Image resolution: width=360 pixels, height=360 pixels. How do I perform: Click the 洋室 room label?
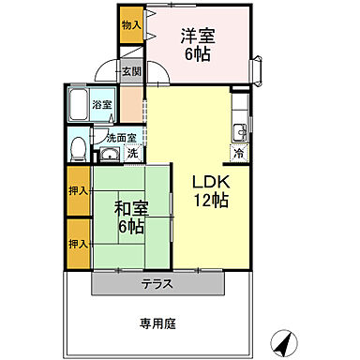(197, 37)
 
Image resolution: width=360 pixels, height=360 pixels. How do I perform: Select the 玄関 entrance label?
(131, 71)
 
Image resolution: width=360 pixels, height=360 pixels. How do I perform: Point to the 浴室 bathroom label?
(102, 105)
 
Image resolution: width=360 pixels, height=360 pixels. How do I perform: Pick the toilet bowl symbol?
(80, 150)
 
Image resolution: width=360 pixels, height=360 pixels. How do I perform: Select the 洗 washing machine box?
(132, 152)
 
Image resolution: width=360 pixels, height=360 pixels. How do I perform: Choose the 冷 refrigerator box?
(239, 153)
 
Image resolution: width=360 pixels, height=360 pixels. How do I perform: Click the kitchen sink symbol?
(240, 130)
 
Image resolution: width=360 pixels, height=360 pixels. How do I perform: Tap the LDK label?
(207, 182)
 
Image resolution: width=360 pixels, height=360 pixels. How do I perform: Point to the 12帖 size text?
(207, 200)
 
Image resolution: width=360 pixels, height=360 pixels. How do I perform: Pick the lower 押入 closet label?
(78, 243)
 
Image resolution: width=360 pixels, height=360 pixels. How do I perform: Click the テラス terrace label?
(158, 284)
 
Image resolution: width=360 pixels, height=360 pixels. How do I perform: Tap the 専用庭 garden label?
(158, 324)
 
